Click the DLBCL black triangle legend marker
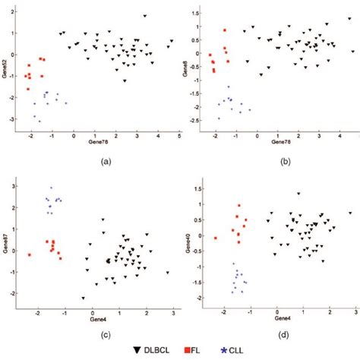click(136, 350)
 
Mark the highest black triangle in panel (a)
click(144, 16)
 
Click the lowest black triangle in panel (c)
click(84, 298)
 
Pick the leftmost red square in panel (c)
click(30, 254)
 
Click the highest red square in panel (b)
click(225, 30)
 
